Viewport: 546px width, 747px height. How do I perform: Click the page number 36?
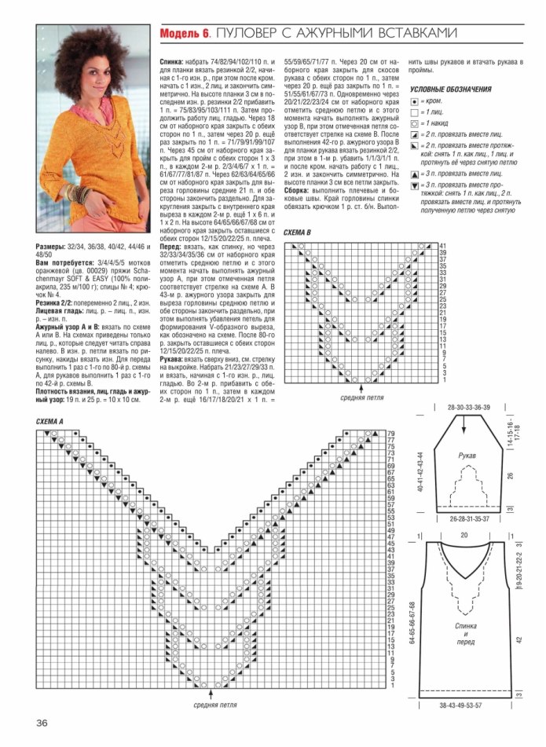41,722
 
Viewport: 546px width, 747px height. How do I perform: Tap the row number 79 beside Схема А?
390,434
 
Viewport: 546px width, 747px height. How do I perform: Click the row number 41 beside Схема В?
443,247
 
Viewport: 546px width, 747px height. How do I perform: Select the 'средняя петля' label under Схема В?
361,397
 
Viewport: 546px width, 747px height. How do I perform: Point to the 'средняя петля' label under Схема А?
215,705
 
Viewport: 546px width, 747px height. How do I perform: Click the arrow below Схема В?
361,387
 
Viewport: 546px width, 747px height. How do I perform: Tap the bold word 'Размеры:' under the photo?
52,247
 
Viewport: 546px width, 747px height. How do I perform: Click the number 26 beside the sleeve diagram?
509,475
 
